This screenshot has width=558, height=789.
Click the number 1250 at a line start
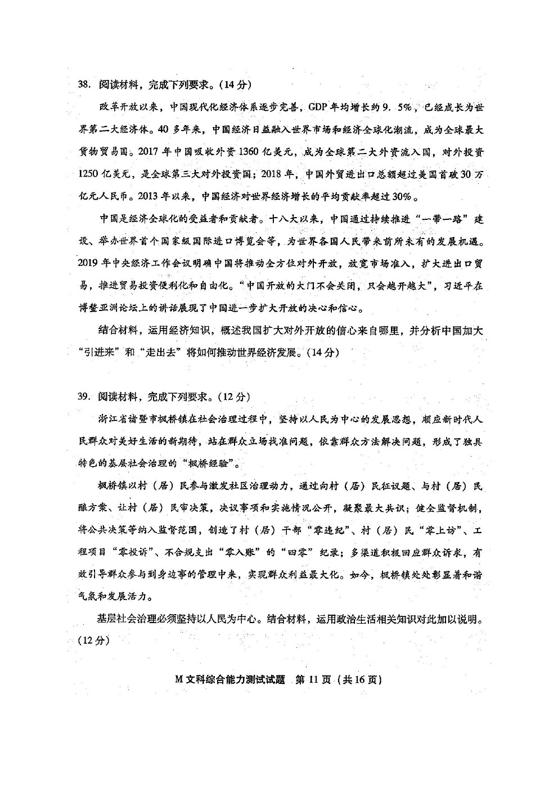pos(89,174)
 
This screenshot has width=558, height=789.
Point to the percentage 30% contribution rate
pos(406,197)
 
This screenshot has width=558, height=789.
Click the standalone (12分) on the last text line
pos(92,641)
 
